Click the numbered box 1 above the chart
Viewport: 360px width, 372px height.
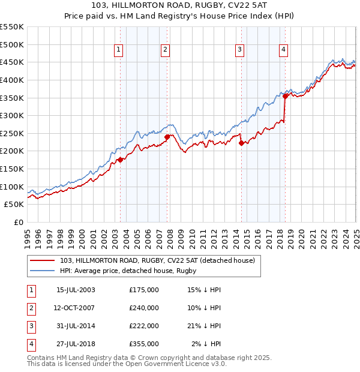tap(118, 50)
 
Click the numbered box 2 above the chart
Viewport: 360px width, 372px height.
tap(164, 50)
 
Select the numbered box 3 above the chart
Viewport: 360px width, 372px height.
tap(239, 50)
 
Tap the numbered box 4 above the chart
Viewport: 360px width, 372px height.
tap(283, 50)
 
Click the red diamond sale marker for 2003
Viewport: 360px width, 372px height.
tap(121, 160)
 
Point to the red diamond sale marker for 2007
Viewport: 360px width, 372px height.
tap(167, 137)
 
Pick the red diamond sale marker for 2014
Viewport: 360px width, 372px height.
tap(241, 143)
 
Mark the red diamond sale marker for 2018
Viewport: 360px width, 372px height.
tap(285, 95)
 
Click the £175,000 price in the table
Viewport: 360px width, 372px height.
tap(144, 289)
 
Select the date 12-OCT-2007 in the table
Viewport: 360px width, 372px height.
tap(74, 307)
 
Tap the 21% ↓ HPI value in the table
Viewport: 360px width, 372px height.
tap(204, 325)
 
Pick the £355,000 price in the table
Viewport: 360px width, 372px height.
tap(144, 343)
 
